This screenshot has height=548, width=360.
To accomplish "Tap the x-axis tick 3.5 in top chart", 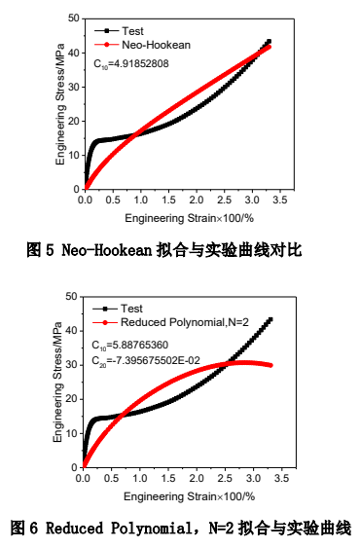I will (x=283, y=200).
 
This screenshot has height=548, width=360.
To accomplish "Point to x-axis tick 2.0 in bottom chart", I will (x=198, y=477).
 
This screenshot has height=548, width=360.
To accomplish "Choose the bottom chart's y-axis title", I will (x=59, y=382).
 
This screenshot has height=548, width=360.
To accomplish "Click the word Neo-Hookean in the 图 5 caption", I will (x=108, y=250).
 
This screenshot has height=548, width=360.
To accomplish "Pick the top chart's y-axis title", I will (x=59, y=104).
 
